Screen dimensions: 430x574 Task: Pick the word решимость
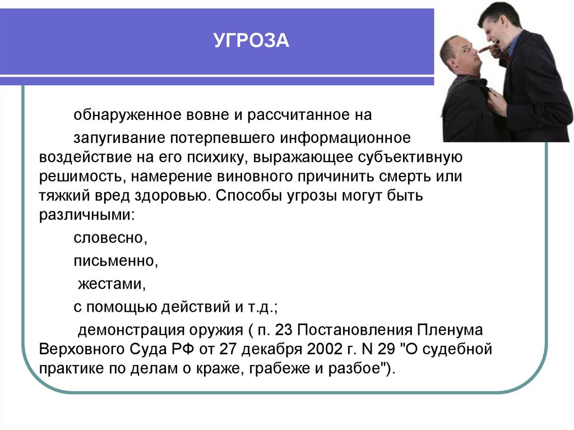[80, 177]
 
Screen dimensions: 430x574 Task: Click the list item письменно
[113, 261]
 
